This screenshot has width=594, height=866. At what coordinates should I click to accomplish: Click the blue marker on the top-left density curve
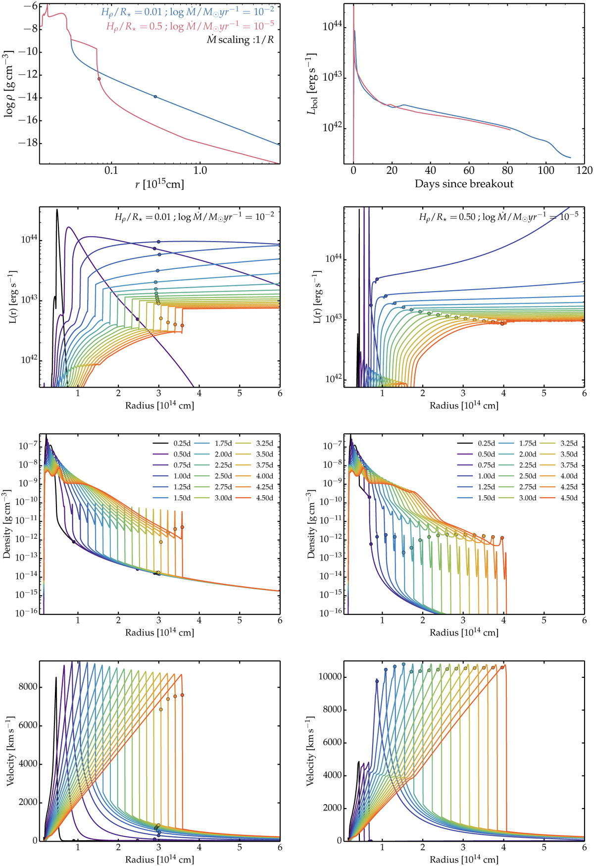click(x=155, y=97)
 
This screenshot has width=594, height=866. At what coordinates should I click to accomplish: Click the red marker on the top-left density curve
click(x=99, y=79)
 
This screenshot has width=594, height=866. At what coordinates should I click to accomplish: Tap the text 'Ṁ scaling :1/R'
click(x=240, y=40)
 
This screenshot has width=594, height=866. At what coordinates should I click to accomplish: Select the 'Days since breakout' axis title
click(x=464, y=184)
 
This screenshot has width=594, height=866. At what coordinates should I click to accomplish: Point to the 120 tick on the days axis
click(x=585, y=170)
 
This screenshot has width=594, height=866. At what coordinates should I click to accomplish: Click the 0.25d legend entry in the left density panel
click(x=182, y=444)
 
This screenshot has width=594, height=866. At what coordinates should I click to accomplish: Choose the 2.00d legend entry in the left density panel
click(x=223, y=455)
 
